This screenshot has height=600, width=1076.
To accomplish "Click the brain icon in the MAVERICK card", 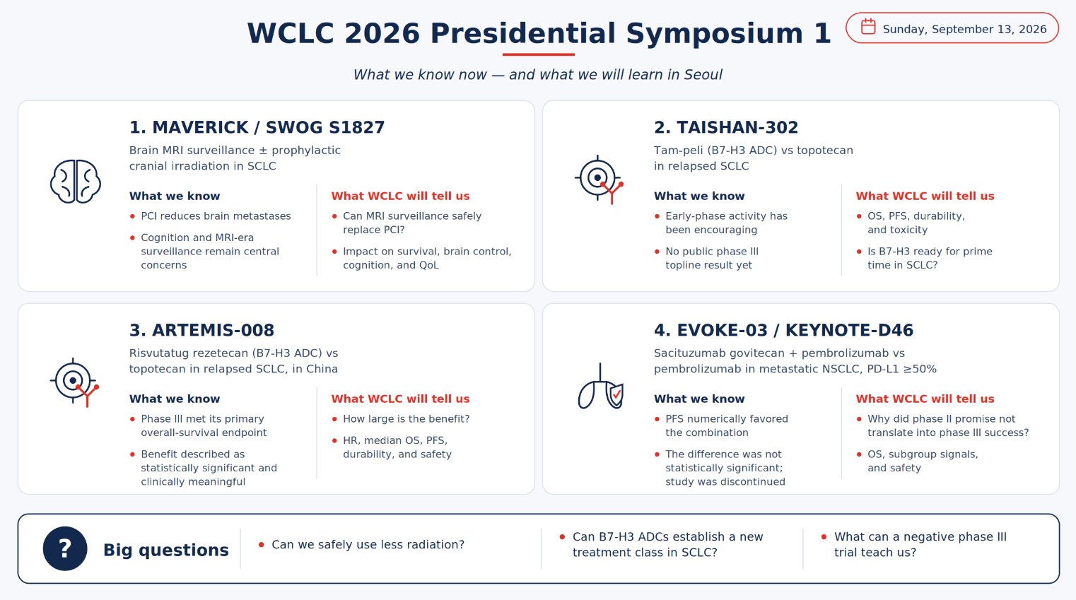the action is [76, 182].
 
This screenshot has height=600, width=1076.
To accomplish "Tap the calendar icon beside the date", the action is [868, 26].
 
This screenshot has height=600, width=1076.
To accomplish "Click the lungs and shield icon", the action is [600, 387].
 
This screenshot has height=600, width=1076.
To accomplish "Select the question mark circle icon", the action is [65, 548].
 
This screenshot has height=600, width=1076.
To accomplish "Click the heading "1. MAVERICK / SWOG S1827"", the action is [257, 127].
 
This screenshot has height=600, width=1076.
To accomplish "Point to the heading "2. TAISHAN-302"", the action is [726, 127].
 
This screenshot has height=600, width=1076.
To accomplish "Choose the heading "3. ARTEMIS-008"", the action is [201, 330].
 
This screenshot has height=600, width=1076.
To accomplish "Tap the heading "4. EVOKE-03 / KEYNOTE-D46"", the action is [783, 330].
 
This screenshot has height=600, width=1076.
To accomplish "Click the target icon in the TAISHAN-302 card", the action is [599, 179].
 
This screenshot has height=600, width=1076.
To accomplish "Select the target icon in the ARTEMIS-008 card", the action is [74, 382].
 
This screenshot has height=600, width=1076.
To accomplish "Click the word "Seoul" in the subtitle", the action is [703, 74].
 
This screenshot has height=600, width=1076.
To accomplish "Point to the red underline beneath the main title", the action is [539, 54].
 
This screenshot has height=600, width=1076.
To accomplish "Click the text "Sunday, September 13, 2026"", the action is [964, 29].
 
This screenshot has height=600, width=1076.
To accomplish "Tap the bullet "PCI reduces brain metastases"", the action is [216, 216].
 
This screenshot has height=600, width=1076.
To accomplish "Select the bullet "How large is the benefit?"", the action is [407, 418].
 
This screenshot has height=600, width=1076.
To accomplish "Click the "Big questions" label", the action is [165, 550].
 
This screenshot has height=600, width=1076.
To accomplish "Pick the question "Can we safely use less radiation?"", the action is [368, 544].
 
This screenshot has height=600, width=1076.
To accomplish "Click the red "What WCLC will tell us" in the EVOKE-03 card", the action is [925, 399].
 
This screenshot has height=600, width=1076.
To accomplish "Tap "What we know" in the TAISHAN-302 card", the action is [699, 196].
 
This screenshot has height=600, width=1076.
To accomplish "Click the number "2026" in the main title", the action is [382, 34].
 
